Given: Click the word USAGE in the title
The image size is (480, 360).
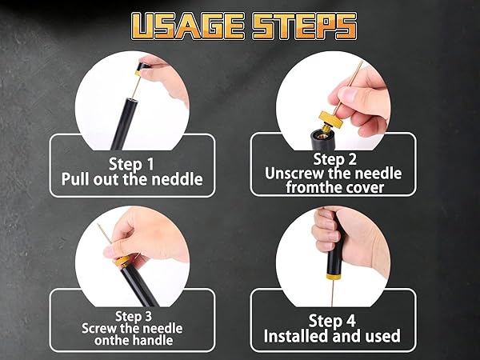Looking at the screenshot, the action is coord(188,26).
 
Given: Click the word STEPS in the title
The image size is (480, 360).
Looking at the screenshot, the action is coord(304,26).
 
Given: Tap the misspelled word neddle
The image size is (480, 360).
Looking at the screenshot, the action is coord(178,178).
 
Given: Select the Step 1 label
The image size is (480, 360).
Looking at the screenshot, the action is coord(131,164).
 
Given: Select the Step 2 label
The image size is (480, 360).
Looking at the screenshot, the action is coord(334,159).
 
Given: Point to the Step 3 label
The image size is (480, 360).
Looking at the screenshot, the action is coord(134,316).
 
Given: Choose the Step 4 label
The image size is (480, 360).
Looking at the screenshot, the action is coord(332,321).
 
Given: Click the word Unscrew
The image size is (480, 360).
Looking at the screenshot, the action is coord(294,174).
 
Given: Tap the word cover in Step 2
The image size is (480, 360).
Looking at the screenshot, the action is coord(365,187).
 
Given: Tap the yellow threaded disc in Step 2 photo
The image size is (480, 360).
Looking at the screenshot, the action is coord(330,119).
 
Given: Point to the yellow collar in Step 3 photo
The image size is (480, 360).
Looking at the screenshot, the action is coord(122,261).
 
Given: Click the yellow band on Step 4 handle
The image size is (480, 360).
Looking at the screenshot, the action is coord(334,277).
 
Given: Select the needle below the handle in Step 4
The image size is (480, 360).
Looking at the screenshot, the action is coord(333,293).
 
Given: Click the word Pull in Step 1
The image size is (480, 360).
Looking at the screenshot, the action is coord(76,178).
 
